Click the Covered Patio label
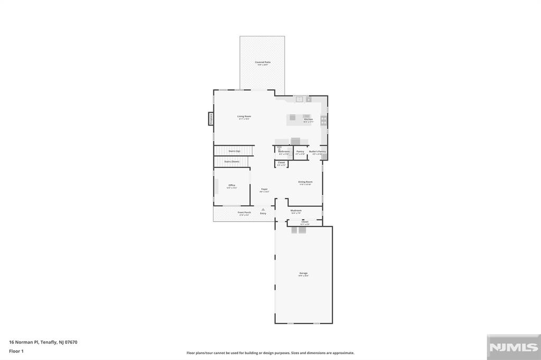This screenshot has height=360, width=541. tap(263, 62)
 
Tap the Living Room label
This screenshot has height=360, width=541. tap(244, 117)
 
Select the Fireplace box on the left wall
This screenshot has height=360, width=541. tap(210, 119)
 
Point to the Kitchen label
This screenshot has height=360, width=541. tap(309, 120)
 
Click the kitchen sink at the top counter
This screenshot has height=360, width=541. tap(299, 99)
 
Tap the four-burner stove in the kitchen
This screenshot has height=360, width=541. tap(323, 120)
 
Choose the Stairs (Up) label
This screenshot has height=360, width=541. tap(234, 151)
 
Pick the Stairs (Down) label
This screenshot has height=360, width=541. tap(232, 162)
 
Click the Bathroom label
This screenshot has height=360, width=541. tap(284, 151)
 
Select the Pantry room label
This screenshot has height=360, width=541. tap(300, 151)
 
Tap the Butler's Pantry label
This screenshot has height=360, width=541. tap(318, 151)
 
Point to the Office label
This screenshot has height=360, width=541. tap(231, 185)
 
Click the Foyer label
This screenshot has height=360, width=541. tap(264, 189)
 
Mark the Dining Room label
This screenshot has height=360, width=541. tap(305, 182)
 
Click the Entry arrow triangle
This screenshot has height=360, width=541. tap(263, 210)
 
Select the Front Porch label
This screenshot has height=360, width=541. tap(244, 213)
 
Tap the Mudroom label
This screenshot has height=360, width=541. tap(296, 211)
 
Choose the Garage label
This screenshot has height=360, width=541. tap(303, 273)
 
